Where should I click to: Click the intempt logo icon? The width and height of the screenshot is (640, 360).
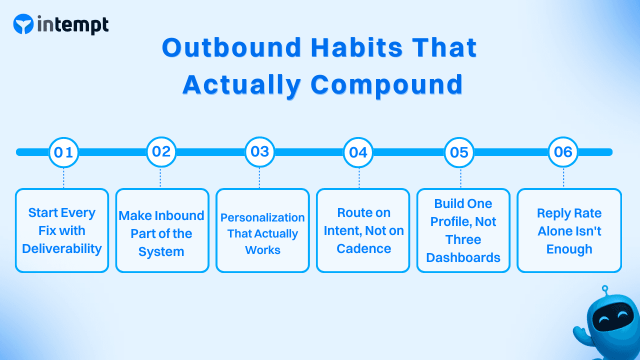(23, 24)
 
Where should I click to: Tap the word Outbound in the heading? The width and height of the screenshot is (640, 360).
(231, 48)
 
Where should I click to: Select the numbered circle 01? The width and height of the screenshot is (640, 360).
(63, 152)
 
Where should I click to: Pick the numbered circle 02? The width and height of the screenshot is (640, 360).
(161, 152)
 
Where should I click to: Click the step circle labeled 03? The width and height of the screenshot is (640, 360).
(259, 152)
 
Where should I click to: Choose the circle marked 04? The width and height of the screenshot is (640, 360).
(358, 152)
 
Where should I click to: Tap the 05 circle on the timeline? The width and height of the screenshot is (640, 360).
(459, 152)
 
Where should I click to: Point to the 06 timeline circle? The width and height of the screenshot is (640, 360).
(563, 152)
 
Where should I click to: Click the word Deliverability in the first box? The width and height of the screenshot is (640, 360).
(62, 248)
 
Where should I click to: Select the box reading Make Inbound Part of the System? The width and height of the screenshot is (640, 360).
(162, 230)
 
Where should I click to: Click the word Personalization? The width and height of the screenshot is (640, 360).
(262, 217)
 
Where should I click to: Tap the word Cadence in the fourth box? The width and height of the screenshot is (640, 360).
(363, 248)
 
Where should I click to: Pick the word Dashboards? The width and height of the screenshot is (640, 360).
(463, 257)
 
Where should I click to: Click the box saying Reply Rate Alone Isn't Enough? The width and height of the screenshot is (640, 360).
(569, 230)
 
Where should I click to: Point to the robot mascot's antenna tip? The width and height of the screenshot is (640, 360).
(604, 288)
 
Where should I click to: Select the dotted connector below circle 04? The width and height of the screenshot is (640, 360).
(359, 177)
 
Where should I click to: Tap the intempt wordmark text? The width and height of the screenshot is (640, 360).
(72, 24)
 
